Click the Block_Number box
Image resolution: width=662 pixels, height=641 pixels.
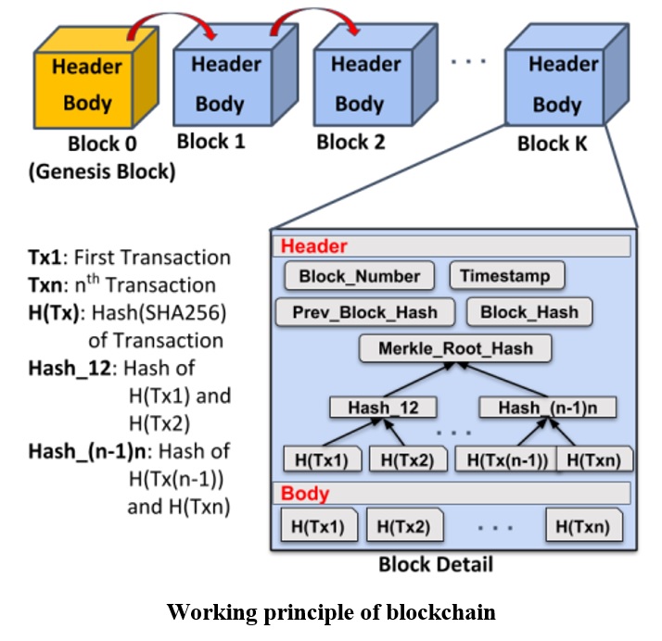click(360, 276)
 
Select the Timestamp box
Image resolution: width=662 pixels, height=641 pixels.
click(505, 276)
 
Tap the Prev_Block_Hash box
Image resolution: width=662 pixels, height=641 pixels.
click(366, 312)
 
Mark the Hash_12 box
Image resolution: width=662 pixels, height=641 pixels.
click(382, 408)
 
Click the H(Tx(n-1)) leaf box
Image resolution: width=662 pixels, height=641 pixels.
click(505, 459)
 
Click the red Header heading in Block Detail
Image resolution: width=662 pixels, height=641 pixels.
click(314, 246)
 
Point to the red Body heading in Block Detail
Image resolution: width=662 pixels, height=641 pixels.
click(305, 493)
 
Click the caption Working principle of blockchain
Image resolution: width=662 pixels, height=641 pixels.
click(330, 612)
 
